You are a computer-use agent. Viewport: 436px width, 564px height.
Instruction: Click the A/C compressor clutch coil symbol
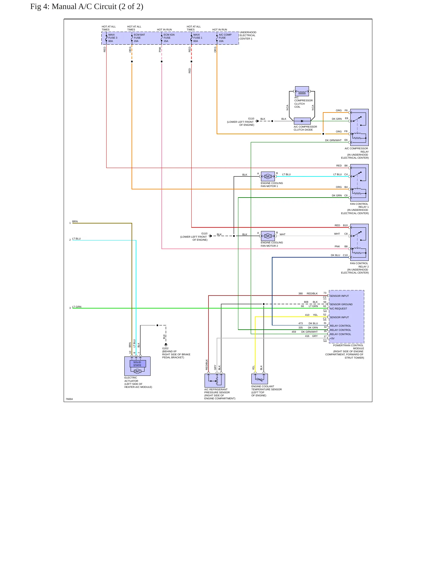[x=302, y=91]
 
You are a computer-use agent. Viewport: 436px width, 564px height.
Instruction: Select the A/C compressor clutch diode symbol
[x=302, y=121]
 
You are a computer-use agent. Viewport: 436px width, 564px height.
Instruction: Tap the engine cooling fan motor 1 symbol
[x=268, y=176]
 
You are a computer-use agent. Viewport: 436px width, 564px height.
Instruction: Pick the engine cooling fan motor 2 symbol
[x=268, y=236]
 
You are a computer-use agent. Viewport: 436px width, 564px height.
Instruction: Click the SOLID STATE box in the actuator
[x=138, y=364]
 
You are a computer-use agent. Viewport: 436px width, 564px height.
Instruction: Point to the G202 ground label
[x=165, y=348]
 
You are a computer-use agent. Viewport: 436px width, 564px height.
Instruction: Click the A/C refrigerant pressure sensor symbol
[x=215, y=381]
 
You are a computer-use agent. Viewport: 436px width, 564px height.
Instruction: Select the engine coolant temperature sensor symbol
[x=259, y=379]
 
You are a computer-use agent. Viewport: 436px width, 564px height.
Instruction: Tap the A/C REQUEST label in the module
[x=338, y=309]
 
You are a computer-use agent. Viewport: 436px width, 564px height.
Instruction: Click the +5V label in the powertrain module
[x=332, y=338]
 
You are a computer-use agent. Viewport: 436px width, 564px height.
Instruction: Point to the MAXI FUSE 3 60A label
[x=113, y=38]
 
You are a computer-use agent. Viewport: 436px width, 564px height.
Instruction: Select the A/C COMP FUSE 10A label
[x=225, y=38]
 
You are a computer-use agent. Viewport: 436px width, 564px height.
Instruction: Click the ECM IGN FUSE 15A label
[x=169, y=38]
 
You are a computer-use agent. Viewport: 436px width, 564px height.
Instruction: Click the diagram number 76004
[x=69, y=399]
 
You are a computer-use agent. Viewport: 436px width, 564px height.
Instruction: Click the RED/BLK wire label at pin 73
[x=312, y=293]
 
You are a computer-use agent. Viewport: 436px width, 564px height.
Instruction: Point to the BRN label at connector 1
[x=75, y=221]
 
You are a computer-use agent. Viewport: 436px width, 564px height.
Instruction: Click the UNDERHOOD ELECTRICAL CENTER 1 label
[x=248, y=36]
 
